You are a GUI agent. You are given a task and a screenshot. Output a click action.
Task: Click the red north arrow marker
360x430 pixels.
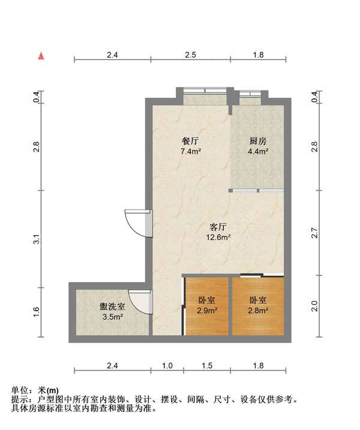tap(41, 56)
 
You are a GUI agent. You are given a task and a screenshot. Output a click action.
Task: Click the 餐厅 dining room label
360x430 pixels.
tap(190, 142)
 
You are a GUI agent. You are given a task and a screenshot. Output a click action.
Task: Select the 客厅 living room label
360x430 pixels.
tap(218, 227)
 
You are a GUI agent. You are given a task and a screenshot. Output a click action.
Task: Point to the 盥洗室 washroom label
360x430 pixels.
tap(112, 306)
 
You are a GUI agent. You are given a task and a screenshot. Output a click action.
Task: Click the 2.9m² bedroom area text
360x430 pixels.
tap(207, 311)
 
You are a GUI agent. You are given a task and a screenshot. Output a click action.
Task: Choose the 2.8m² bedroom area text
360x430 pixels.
tap(258, 311)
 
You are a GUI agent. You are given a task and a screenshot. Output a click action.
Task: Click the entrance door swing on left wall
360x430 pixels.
tap(137, 223)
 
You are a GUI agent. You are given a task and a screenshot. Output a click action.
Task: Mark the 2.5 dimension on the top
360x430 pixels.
tap(190, 55)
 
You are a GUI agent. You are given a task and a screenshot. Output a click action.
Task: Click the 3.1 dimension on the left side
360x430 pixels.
tap(37, 239)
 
